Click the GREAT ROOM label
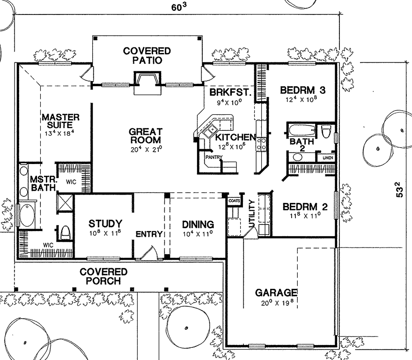click(146, 135)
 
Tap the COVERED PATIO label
click(147, 55)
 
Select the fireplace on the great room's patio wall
click(147, 83)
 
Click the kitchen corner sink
click(209, 131)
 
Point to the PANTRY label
click(214, 157)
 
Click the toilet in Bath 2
click(326, 131)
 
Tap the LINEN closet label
click(328, 158)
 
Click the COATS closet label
click(234, 201)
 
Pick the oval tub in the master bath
click(27, 216)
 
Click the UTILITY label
click(252, 213)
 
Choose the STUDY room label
click(105, 224)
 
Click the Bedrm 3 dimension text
click(302, 99)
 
